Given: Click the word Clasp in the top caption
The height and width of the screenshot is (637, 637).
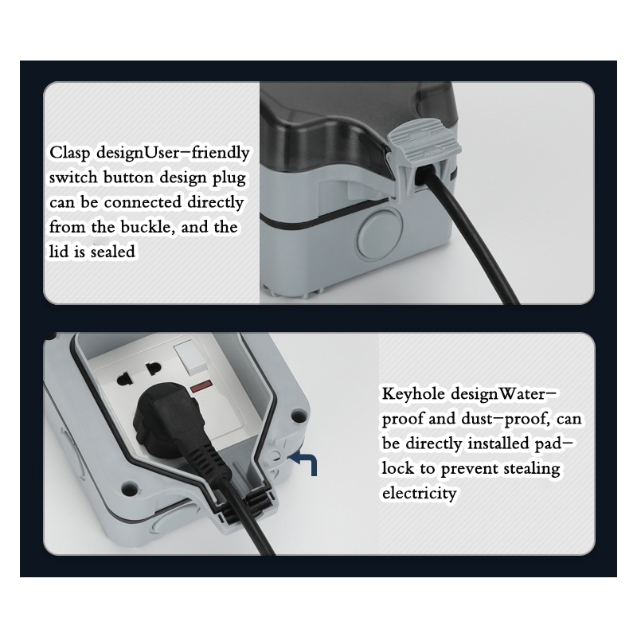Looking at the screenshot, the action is [69, 154].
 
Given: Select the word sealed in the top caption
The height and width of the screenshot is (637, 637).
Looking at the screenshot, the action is [112, 252].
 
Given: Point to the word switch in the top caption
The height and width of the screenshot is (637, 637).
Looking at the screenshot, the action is [73, 178].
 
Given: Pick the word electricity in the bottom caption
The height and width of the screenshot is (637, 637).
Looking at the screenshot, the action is [420, 493].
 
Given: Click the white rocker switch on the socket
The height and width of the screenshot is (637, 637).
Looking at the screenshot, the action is [190, 358].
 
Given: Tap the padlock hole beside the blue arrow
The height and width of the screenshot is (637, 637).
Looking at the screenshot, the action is [276, 456].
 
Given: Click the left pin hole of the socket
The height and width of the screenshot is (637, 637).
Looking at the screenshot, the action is [123, 380].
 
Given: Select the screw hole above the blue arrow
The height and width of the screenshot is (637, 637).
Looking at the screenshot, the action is [299, 416].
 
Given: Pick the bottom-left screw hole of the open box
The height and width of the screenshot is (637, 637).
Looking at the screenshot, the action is [130, 487].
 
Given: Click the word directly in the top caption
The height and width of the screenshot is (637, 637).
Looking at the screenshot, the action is [215, 202].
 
